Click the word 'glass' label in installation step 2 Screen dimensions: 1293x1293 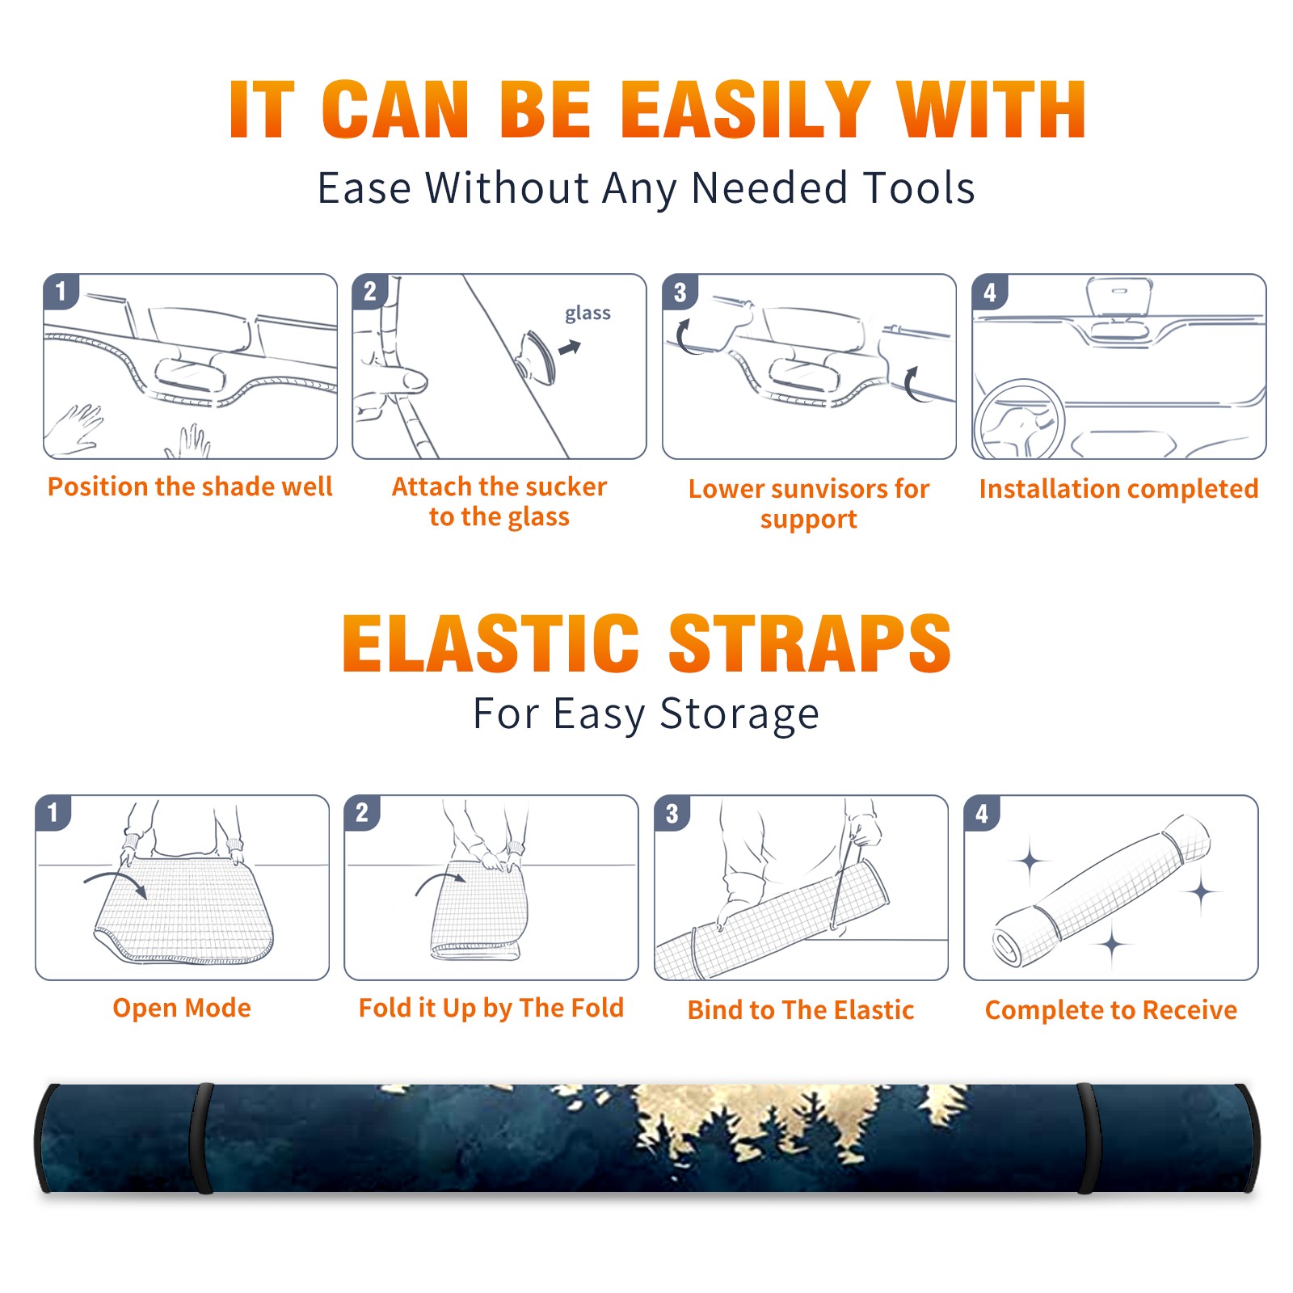click(588, 314)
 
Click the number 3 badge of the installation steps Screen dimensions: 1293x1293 click(680, 293)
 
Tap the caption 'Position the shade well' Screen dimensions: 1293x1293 click(190, 486)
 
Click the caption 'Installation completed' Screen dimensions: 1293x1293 click(1118, 489)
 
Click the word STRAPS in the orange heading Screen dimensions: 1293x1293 click(810, 643)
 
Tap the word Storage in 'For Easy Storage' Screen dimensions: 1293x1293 click(739, 714)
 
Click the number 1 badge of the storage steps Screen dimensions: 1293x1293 click(53, 813)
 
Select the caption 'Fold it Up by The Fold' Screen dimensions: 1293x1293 click(491, 1009)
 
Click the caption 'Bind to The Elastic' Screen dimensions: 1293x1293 click(801, 1010)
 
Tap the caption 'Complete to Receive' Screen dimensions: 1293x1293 click(1111, 1010)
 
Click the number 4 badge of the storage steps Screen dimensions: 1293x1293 click(982, 813)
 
